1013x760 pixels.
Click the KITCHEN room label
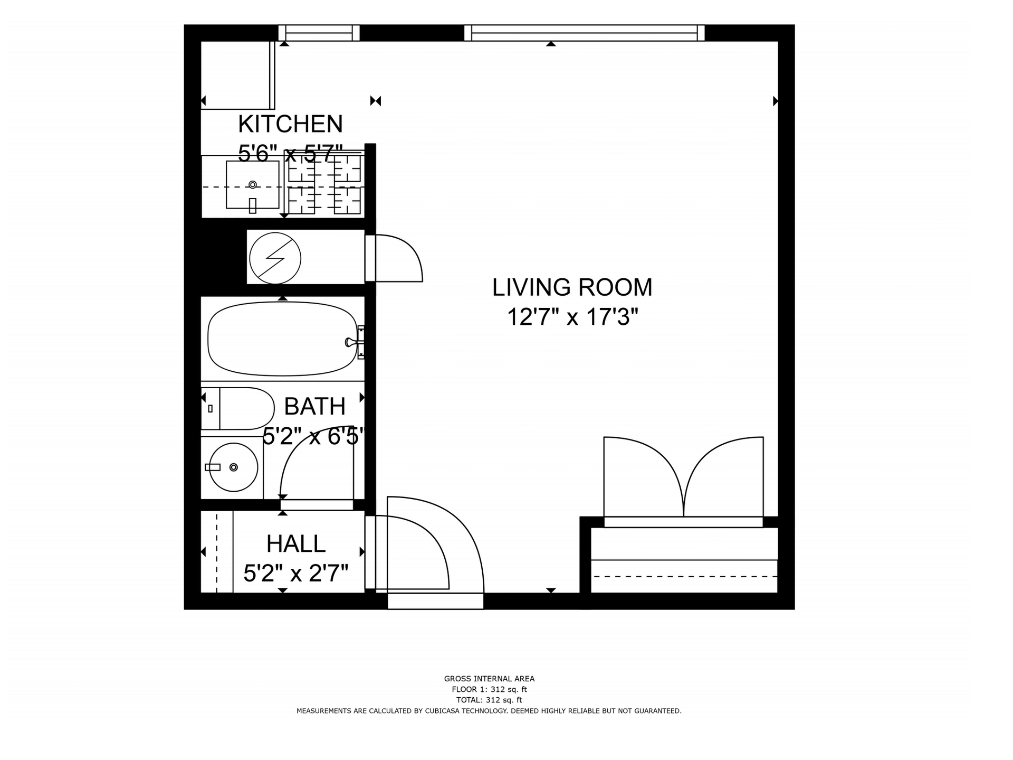(290, 124)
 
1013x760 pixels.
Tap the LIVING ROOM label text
(572, 287)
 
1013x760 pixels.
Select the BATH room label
(314, 406)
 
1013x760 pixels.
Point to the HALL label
(296, 543)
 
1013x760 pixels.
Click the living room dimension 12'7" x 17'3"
(572, 317)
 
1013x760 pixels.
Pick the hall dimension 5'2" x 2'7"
(296, 573)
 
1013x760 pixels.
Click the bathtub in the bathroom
(283, 339)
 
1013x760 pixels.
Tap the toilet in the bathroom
(238, 409)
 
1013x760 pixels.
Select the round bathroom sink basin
(233, 467)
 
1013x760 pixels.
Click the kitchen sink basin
(252, 185)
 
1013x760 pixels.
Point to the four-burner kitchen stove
(324, 184)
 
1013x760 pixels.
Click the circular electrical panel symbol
(275, 259)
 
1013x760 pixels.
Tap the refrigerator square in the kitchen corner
(238, 76)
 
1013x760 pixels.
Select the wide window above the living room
(585, 33)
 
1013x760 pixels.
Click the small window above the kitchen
(319, 33)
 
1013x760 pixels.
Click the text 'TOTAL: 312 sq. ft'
(489, 700)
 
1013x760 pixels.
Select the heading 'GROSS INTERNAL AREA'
(489, 679)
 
